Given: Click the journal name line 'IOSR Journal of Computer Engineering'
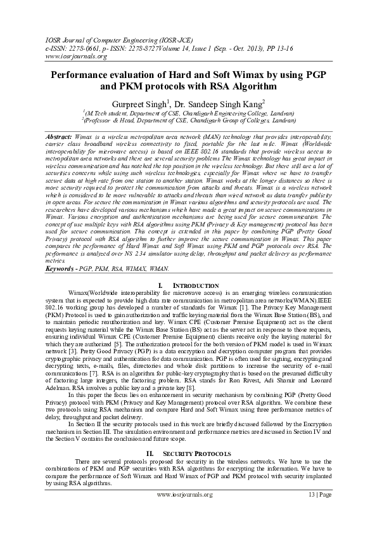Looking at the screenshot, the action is [94, 38].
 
